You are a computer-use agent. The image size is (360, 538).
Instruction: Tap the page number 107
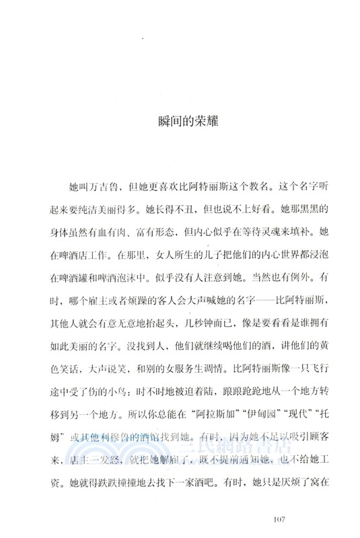pyautogui.click(x=283, y=518)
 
